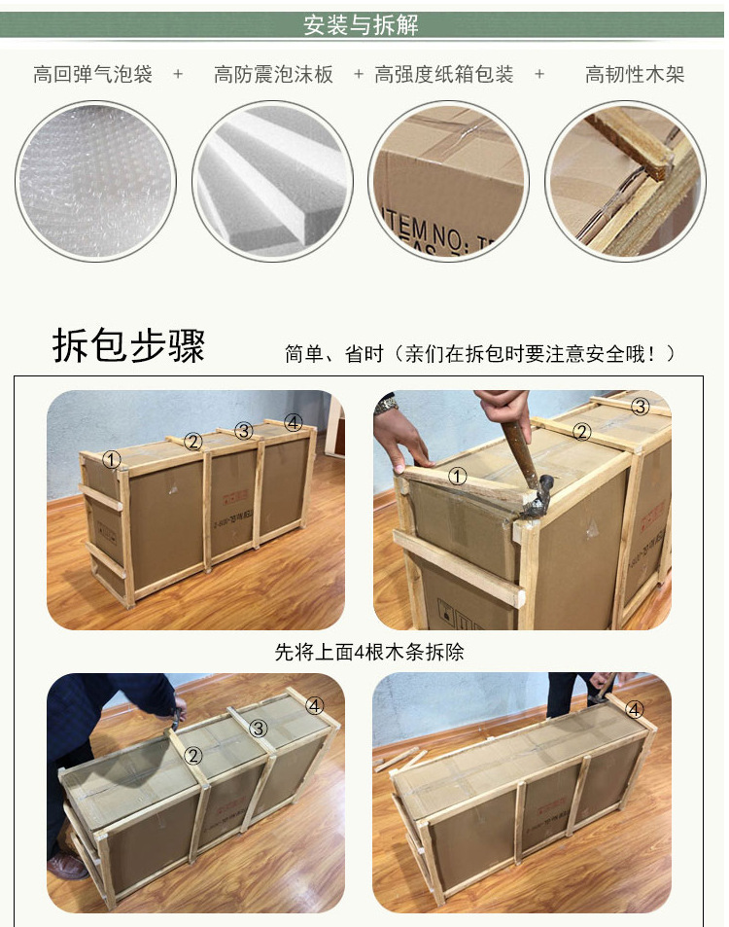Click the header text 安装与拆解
pos(362,25)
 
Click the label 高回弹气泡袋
pos(92,75)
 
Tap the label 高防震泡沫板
pos(273,75)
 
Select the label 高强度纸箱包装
pos(444,75)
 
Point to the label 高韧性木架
pos(635,75)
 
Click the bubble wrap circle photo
pos(95,181)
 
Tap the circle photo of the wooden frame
pos(624,181)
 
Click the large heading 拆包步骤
pos(128,346)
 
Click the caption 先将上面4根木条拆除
pos(369,652)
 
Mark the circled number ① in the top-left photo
pos(113,459)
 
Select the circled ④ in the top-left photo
pos(294,422)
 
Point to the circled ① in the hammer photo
pos(458,477)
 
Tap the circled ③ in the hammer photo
pos(640,407)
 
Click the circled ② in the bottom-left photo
pos(193,755)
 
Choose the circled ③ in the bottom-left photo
pos(258,728)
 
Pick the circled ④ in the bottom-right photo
pos(635,710)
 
